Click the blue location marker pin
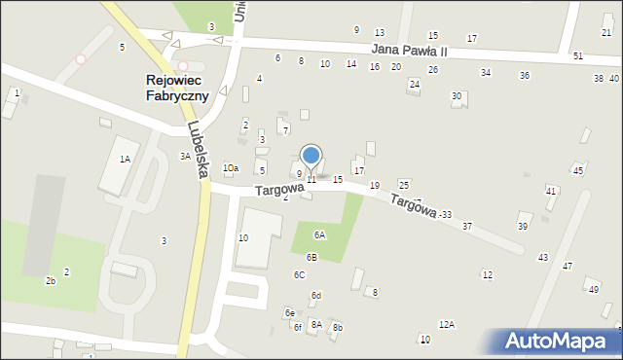(x=311, y=156)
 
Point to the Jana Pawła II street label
(x=409, y=50)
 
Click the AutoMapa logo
(x=556, y=341)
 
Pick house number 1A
(x=125, y=159)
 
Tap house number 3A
(x=184, y=156)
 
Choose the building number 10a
(x=231, y=168)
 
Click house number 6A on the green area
(x=319, y=234)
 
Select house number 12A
(x=446, y=324)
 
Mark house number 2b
(x=50, y=281)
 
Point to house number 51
(x=577, y=55)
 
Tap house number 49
(x=592, y=289)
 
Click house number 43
(x=542, y=257)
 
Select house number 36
(x=524, y=76)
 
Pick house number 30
(x=456, y=95)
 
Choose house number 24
(x=414, y=84)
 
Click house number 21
(x=606, y=33)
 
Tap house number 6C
(x=300, y=275)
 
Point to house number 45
(x=577, y=171)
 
